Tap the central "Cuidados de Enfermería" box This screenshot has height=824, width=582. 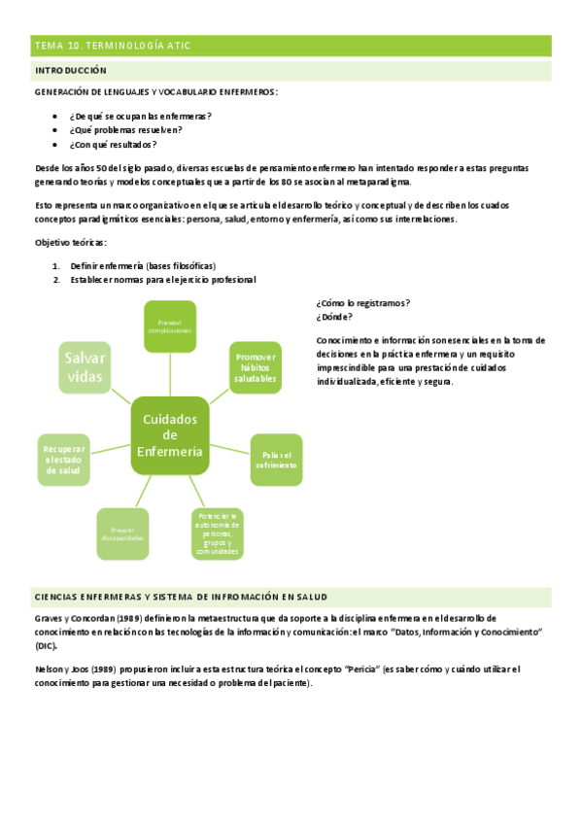click(x=170, y=434)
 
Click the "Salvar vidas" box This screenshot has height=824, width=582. click(x=85, y=367)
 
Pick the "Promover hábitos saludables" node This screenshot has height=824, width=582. click(x=256, y=367)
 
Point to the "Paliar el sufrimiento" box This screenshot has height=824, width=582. click(x=278, y=460)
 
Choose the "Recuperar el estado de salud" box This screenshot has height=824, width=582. click(x=65, y=460)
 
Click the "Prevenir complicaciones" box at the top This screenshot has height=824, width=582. click(x=171, y=326)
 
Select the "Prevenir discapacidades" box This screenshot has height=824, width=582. click(x=122, y=534)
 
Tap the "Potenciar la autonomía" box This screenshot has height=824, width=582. click(x=217, y=533)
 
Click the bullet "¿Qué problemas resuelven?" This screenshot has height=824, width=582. click(x=125, y=130)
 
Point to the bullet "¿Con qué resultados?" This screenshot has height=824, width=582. click(x=113, y=145)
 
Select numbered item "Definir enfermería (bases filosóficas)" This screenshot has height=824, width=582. click(x=143, y=265)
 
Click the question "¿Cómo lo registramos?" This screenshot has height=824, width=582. click(x=362, y=302)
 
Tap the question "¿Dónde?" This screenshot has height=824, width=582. click(x=334, y=316)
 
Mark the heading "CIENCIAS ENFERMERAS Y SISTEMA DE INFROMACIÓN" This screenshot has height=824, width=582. click(x=181, y=597)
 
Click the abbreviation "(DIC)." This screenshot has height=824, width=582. click(x=46, y=645)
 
